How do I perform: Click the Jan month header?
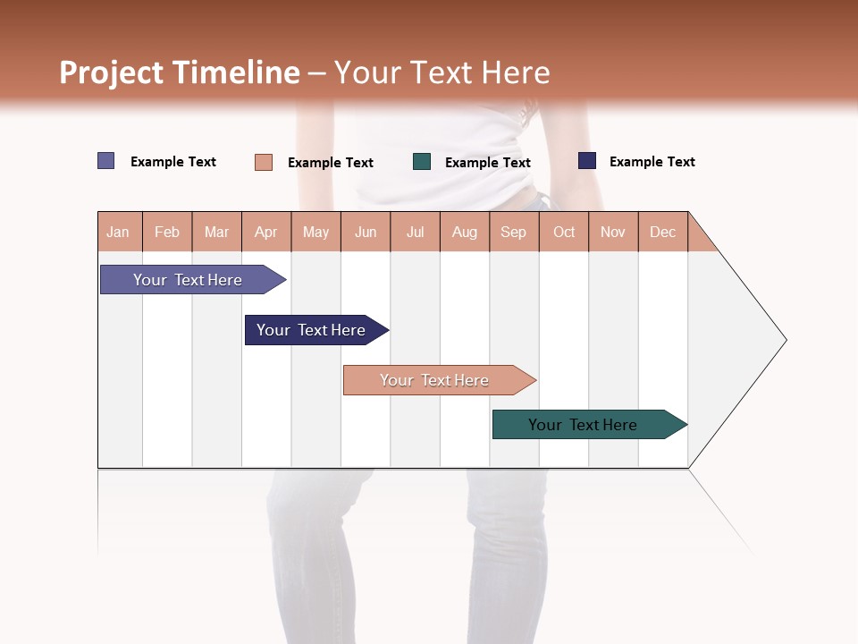pyautogui.click(x=119, y=232)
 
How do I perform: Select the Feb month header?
pyautogui.click(x=167, y=232)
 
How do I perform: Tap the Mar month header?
pyautogui.click(x=216, y=232)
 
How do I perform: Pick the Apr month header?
pyautogui.click(x=266, y=232)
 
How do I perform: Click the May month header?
pyautogui.click(x=315, y=232)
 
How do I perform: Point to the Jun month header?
pyautogui.click(x=366, y=232)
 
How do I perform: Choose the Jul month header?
pyautogui.click(x=415, y=232)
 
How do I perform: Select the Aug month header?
pyautogui.click(x=465, y=232)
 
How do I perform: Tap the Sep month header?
pyautogui.click(x=514, y=232)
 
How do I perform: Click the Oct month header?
pyautogui.click(x=564, y=232)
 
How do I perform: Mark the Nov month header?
pyautogui.click(x=613, y=232)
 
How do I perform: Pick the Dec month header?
pyautogui.click(x=663, y=232)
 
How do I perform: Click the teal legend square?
pyautogui.click(x=422, y=162)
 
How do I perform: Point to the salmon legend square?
pyautogui.click(x=264, y=162)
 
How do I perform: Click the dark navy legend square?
pyautogui.click(x=587, y=161)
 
